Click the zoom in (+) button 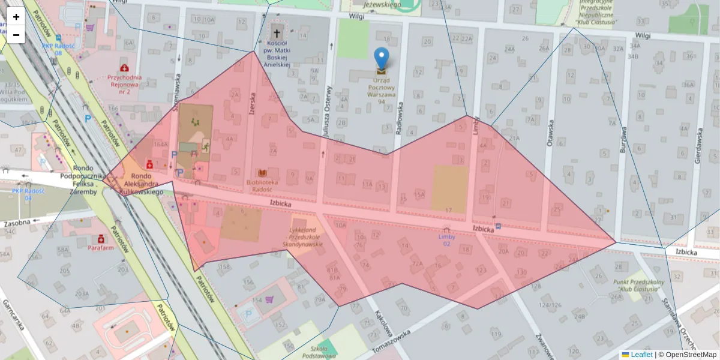pyautogui.click(x=16, y=17)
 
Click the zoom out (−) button pyautogui.click(x=16, y=35)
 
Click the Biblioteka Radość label pyautogui.click(x=262, y=185)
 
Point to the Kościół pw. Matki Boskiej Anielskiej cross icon pyautogui.click(x=277, y=33)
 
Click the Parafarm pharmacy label pyautogui.click(x=101, y=247)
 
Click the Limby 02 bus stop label pyautogui.click(x=446, y=240)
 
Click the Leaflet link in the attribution pyautogui.click(x=641, y=355)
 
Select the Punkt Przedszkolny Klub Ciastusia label pyautogui.click(x=637, y=286)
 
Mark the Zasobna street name pyautogui.click(x=17, y=223)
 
